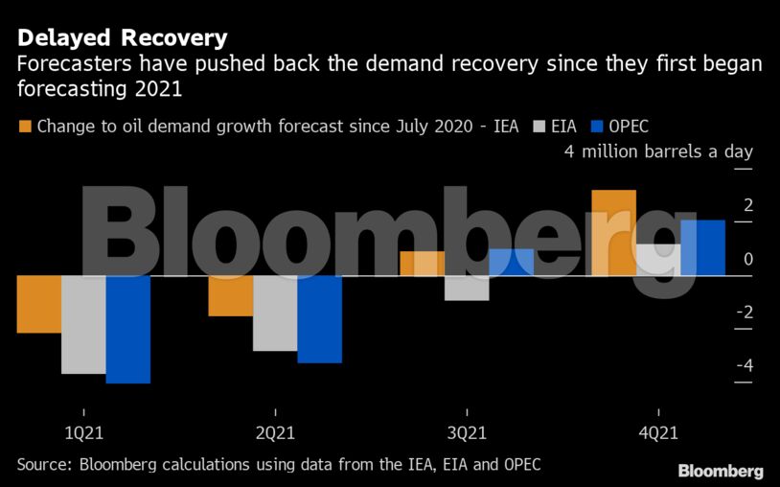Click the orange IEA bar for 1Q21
[39, 304]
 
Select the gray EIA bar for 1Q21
[83, 324]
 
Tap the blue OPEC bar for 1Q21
[127, 329]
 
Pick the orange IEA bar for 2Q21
[231, 295]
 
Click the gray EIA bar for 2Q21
[275, 313]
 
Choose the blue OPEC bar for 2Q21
[319, 319]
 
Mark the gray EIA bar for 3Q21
[467, 288]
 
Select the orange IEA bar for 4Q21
[613, 233]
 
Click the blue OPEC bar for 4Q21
[702, 247]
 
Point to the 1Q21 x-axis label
[83, 432]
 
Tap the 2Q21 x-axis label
[275, 432]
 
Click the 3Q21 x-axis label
[467, 432]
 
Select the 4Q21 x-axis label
[658, 432]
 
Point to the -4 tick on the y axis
[743, 366]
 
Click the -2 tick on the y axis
[743, 313]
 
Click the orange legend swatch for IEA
[25, 126]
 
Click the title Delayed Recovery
[122, 38]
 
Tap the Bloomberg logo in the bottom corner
[721, 471]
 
